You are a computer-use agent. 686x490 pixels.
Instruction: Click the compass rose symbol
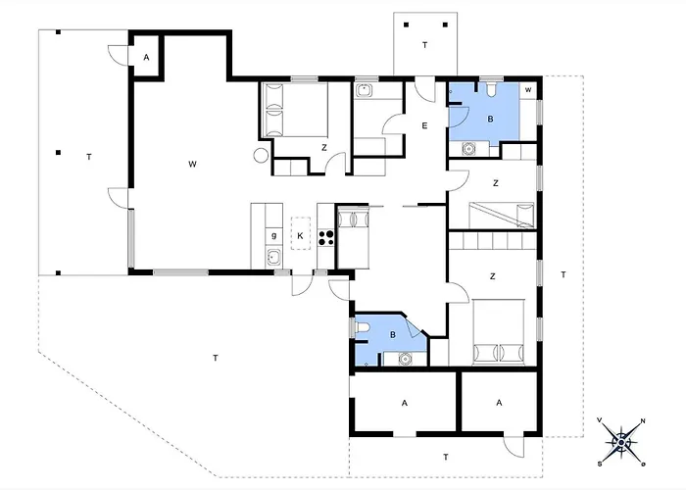621,442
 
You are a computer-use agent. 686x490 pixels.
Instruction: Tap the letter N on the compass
643,421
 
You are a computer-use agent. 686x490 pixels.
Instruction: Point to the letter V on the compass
600,420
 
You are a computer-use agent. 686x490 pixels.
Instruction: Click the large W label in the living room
192,164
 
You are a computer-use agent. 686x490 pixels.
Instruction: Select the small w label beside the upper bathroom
528,90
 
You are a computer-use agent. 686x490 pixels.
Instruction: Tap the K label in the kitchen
300,236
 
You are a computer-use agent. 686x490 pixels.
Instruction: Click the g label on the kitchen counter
273,236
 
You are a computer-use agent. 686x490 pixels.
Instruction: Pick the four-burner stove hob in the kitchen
326,237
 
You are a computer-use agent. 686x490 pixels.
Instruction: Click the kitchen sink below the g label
273,258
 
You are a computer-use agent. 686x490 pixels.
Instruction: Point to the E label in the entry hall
424,126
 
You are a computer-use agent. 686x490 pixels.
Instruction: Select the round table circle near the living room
262,155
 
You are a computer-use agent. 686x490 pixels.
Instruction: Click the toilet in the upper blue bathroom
491,89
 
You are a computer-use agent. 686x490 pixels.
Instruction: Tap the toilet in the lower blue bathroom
363,327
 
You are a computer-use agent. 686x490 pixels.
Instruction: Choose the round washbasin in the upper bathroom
468,149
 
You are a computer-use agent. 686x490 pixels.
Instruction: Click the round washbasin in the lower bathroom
406,359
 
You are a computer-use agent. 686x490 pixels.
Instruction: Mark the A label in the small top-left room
147,57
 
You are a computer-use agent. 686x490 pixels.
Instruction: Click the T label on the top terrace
424,45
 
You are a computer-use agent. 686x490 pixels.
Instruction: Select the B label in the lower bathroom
393,335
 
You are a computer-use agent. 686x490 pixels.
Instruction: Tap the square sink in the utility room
364,90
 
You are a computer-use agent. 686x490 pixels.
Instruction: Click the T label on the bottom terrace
445,458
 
